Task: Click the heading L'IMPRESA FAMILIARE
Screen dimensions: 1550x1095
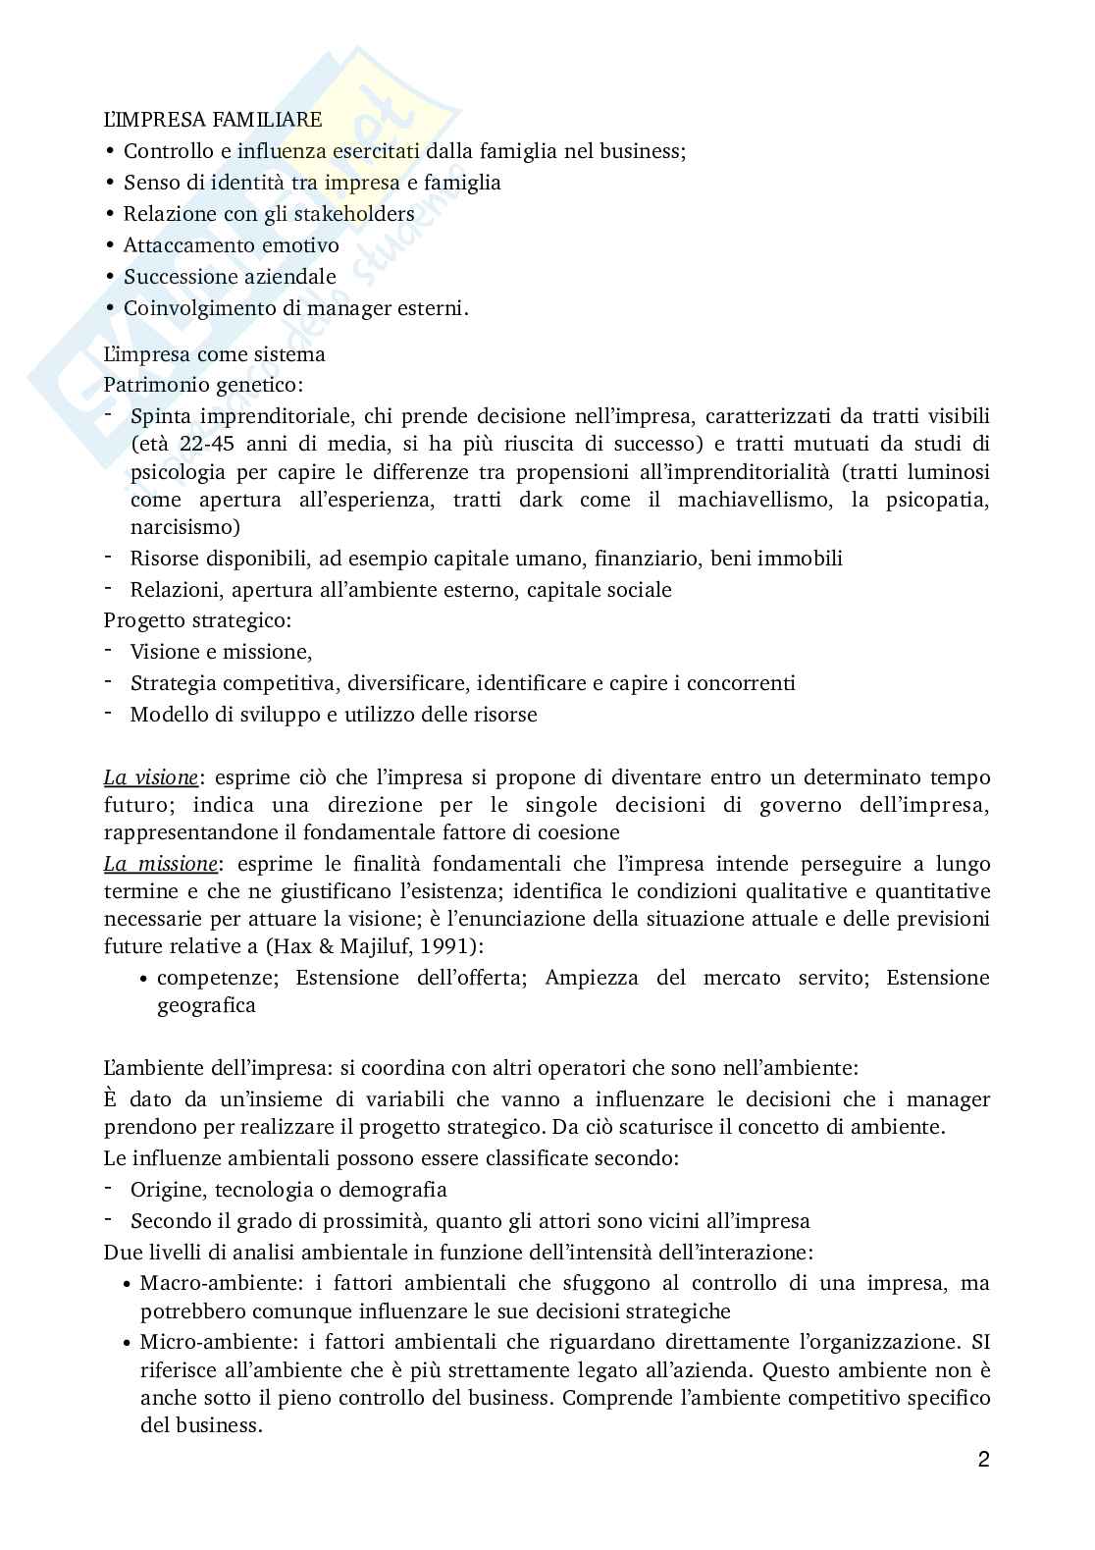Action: (x=213, y=120)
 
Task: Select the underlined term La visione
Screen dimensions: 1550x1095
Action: (x=150, y=777)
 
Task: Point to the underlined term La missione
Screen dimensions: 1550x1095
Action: (x=160, y=864)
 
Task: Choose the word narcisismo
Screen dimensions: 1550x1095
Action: (x=184, y=527)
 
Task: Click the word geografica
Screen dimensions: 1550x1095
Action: (x=206, y=1005)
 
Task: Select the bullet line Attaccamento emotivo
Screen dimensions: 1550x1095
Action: (x=231, y=245)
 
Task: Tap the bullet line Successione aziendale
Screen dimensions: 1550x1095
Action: (x=230, y=277)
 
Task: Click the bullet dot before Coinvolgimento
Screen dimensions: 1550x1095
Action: (x=109, y=308)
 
